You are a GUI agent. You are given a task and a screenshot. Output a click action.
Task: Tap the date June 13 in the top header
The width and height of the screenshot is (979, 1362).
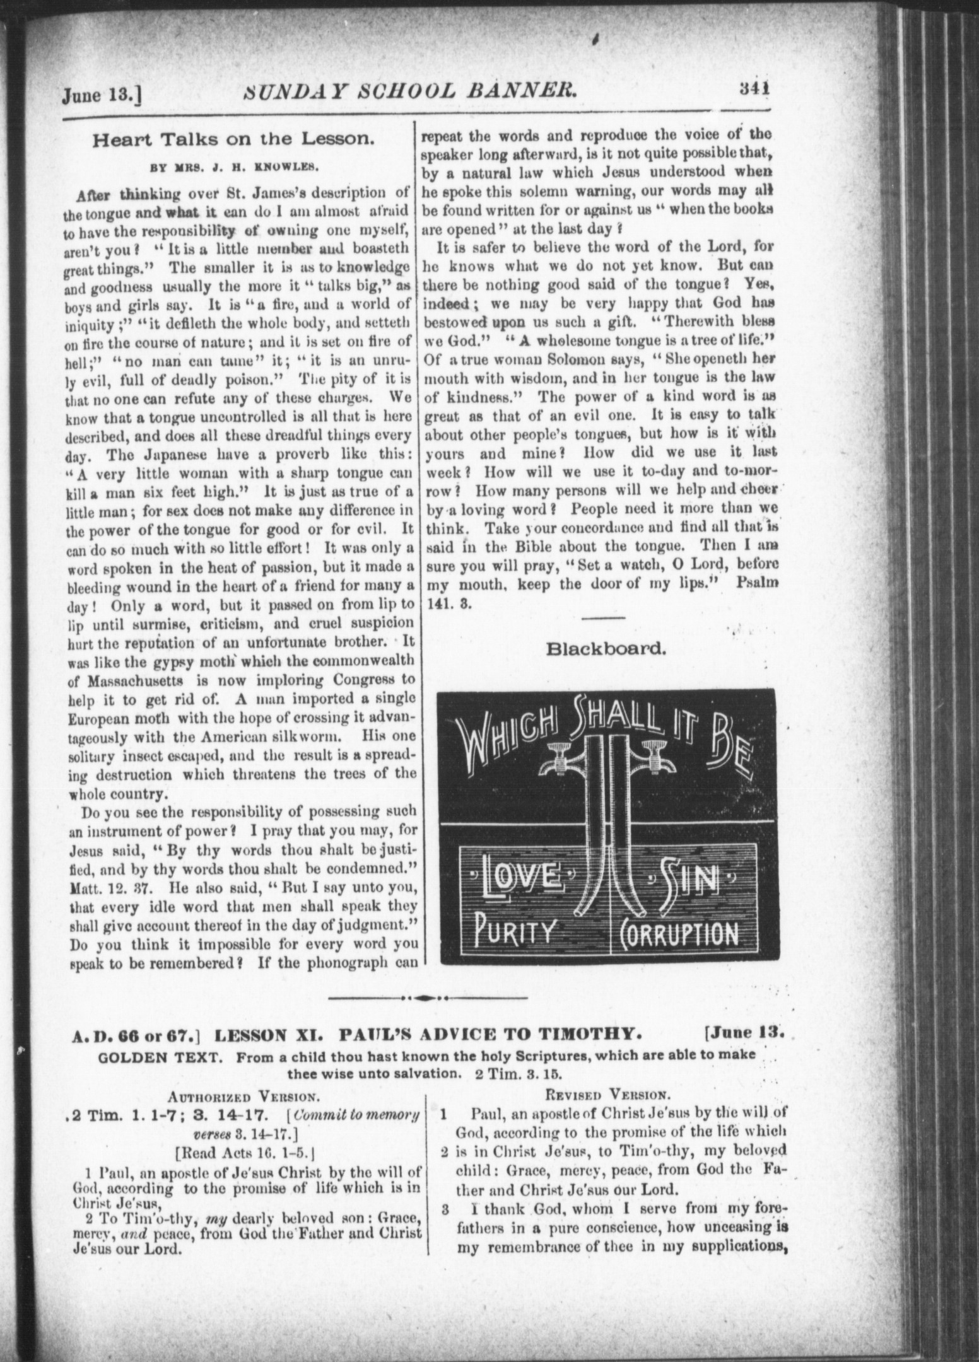tap(101, 95)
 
